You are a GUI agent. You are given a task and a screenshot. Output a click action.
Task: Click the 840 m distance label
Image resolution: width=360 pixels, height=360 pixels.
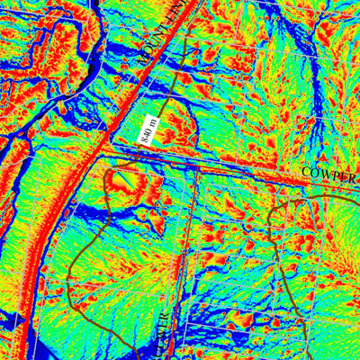(x=148, y=130)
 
